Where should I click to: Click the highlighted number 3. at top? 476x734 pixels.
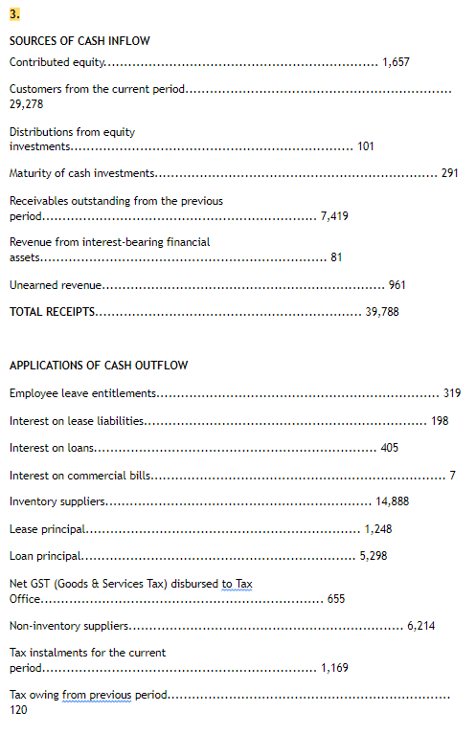14,14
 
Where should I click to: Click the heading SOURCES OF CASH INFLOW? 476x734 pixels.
79,41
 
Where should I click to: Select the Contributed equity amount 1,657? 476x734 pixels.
396,63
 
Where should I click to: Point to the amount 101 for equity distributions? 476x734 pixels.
365,146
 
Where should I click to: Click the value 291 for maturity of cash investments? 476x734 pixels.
449,173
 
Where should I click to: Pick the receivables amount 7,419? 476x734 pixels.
334,216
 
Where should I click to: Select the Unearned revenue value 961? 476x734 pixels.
397,285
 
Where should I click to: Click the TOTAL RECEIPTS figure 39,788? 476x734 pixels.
382,312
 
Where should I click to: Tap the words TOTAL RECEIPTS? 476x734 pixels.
52,312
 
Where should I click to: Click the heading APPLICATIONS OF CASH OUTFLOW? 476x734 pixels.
99,366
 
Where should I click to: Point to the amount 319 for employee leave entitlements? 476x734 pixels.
453,393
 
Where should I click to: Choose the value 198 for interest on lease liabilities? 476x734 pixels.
440,421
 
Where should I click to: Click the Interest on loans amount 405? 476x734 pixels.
390,448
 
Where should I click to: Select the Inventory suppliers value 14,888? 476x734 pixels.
393,501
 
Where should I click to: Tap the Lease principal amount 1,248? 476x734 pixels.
378,529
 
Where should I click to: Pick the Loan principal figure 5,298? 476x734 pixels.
373,556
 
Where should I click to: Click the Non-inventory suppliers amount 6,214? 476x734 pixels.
421,626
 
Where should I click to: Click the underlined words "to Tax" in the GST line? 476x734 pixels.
237,584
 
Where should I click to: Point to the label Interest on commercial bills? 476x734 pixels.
80,476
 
